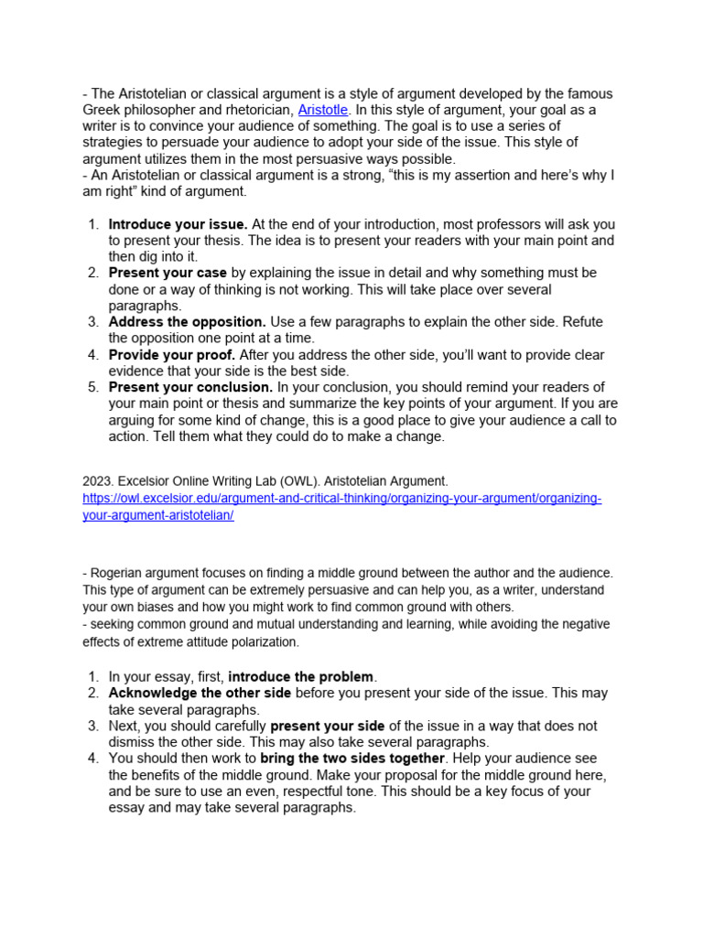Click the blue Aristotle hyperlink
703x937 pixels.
(323, 110)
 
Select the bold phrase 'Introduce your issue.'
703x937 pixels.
(178, 224)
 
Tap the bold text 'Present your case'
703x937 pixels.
(168, 273)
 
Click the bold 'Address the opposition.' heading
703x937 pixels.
(187, 322)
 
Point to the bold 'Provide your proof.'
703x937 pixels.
(172, 355)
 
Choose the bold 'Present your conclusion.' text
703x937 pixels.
(190, 387)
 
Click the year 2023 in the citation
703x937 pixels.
(94, 481)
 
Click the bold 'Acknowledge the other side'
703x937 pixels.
(200, 693)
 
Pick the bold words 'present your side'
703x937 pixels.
(328, 726)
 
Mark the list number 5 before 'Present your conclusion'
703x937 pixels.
(92, 387)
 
